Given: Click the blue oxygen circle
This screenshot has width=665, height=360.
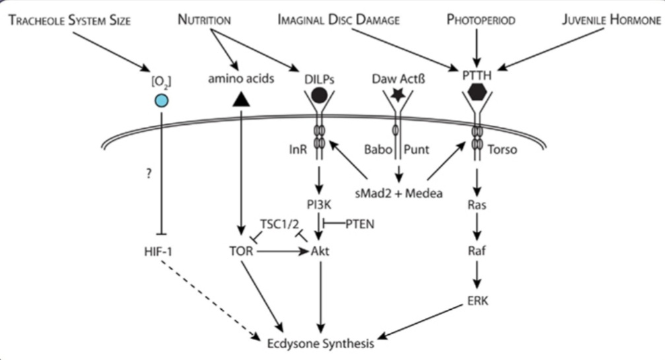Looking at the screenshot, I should pyautogui.click(x=161, y=101).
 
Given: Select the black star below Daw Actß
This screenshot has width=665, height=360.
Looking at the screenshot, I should pyautogui.click(x=398, y=96).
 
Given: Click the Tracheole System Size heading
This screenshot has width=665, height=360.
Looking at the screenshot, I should pyautogui.click(x=70, y=20).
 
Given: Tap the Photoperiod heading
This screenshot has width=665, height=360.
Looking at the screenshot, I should pyautogui.click(x=481, y=20).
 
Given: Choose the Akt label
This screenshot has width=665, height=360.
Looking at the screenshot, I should pyautogui.click(x=320, y=251).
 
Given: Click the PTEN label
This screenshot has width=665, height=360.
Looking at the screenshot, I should pyautogui.click(x=360, y=225).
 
